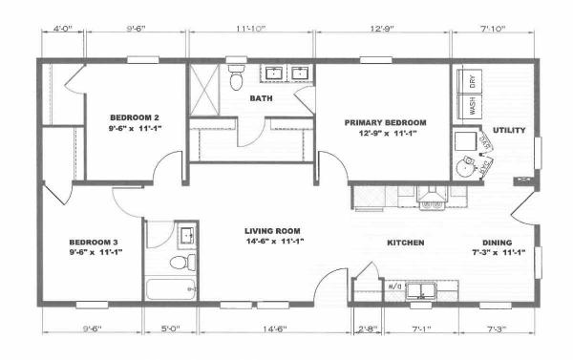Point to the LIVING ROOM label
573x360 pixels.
[273, 230]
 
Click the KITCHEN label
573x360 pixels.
[405, 243]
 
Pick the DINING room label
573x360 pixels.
[495, 243]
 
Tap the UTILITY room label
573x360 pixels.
[509, 130]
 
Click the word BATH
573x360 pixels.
[261, 98]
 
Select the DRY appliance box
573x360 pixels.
[471, 81]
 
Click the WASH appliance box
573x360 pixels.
[471, 106]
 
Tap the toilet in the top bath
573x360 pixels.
[236, 76]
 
